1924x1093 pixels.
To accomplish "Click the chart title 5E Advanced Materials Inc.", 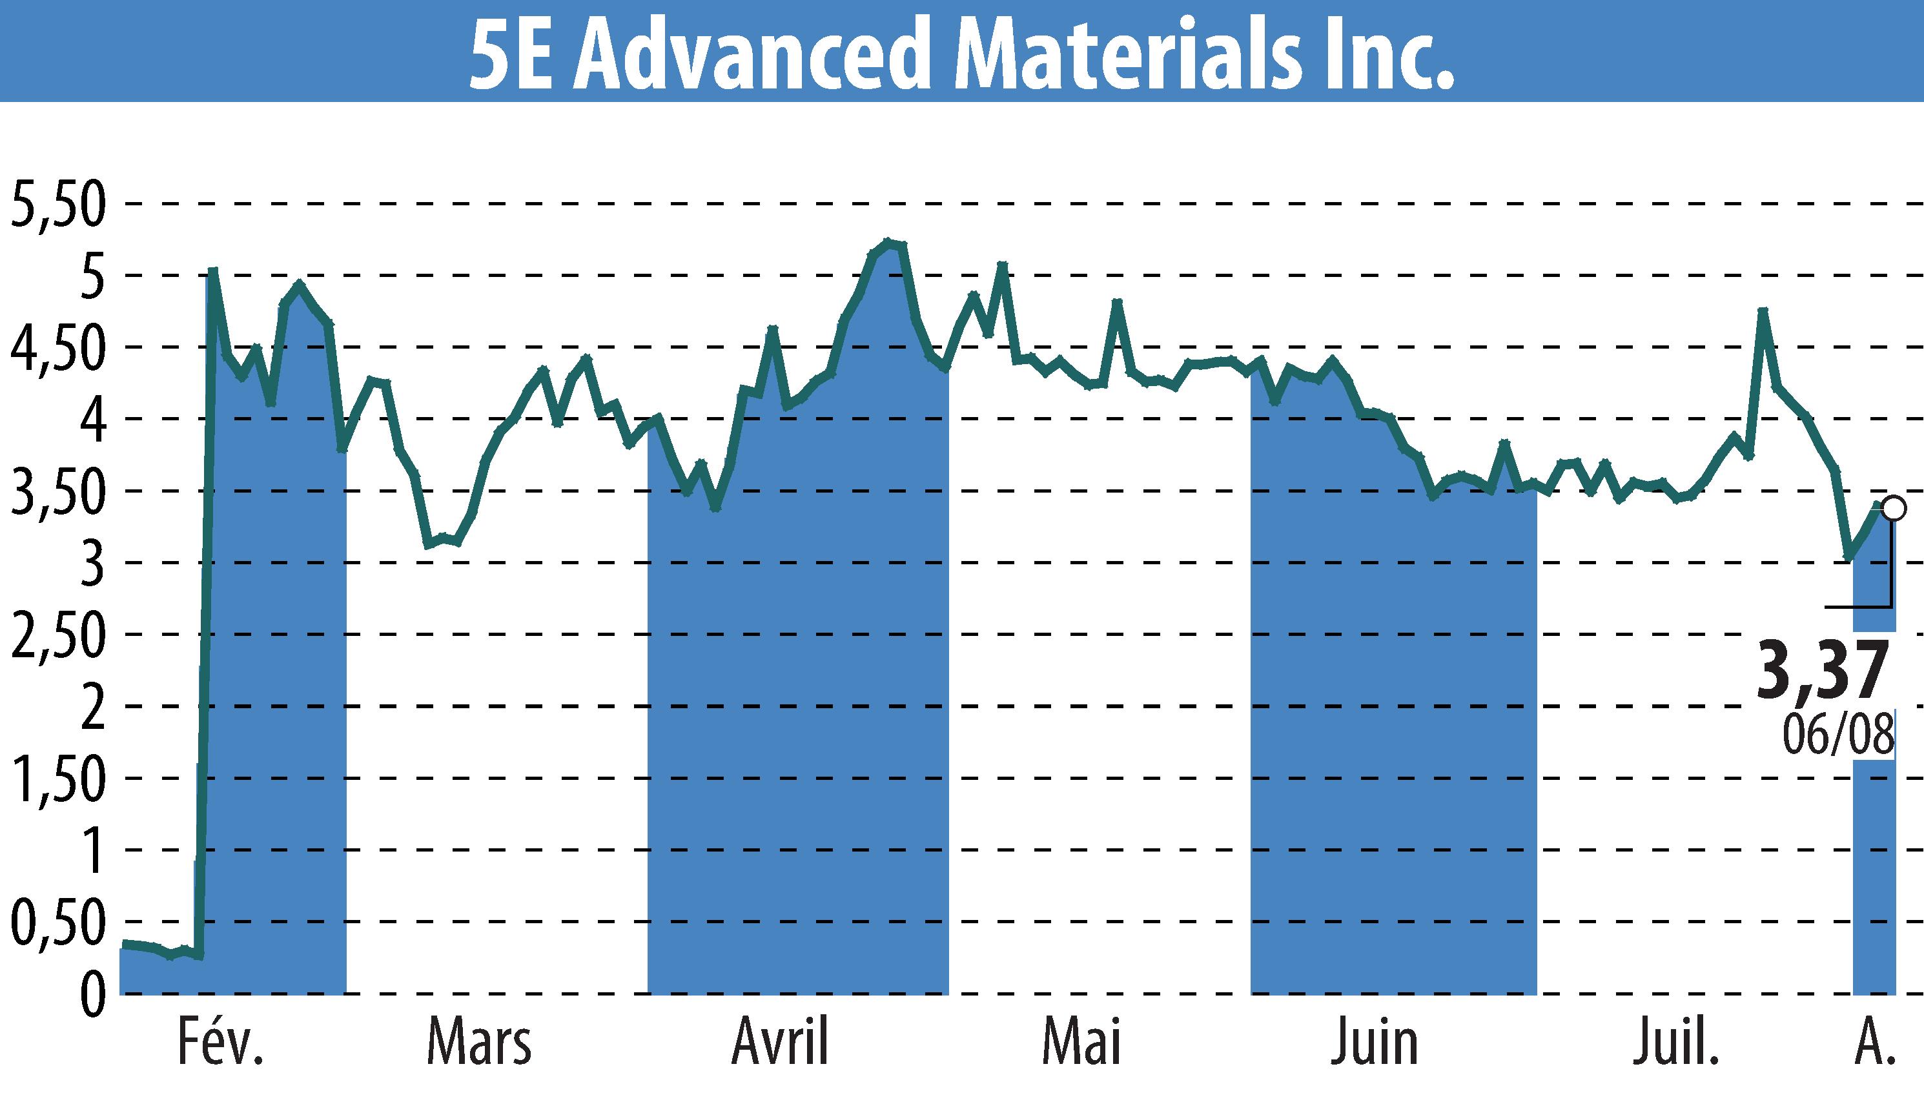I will pyautogui.click(x=961, y=51).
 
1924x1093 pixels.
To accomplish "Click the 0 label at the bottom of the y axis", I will pyautogui.click(x=91, y=996).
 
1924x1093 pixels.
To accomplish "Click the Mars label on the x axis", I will pyautogui.click(x=480, y=1043).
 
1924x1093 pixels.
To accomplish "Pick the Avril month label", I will pyautogui.click(x=781, y=1043).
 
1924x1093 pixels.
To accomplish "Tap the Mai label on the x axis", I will pyautogui.click(x=1081, y=1043).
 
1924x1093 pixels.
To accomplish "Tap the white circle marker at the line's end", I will pyautogui.click(x=1892, y=508).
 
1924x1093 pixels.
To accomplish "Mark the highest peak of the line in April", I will pyautogui.click(x=888, y=241).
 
